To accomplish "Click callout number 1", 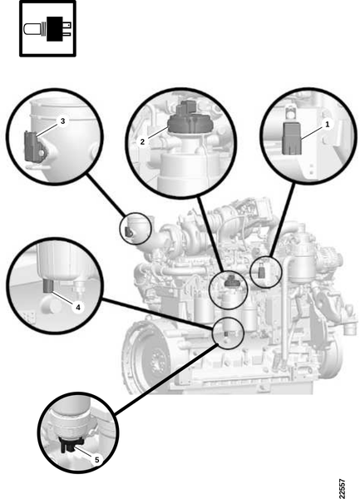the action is pos(328,124).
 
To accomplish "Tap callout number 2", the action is pos(142,142).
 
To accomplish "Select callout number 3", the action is pos(62,121).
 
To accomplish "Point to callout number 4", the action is pos(78,308).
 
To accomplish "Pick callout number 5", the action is pos(97,460).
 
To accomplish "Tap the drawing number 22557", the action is pos(342,488).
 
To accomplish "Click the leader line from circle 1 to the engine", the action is pos(282,220).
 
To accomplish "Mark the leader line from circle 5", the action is pos(166,379).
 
